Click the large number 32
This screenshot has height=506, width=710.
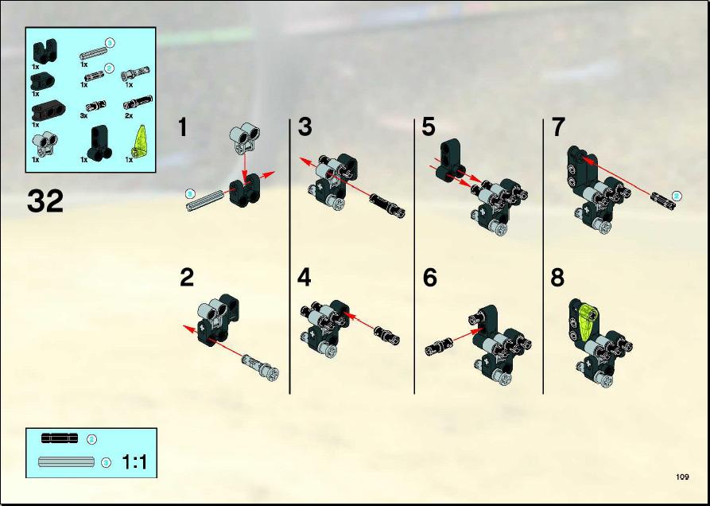[x=45, y=201]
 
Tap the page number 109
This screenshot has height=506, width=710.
[x=682, y=477]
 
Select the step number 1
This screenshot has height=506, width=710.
[x=183, y=127]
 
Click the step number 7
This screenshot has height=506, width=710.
[x=558, y=127]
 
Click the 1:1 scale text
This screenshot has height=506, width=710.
[x=134, y=462]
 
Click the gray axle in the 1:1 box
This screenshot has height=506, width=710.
[x=67, y=462]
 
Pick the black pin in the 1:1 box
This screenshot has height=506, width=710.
[x=60, y=438]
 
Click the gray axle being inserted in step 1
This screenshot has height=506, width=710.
[x=205, y=200]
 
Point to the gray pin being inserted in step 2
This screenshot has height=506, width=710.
[x=260, y=365]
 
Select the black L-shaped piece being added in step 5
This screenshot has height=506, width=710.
[x=451, y=160]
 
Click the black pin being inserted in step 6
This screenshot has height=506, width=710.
[x=439, y=348]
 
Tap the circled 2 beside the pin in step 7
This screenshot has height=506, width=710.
[x=676, y=197]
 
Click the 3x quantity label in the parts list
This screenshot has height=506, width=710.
[x=83, y=115]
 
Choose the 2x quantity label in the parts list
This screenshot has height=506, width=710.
[x=129, y=115]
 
